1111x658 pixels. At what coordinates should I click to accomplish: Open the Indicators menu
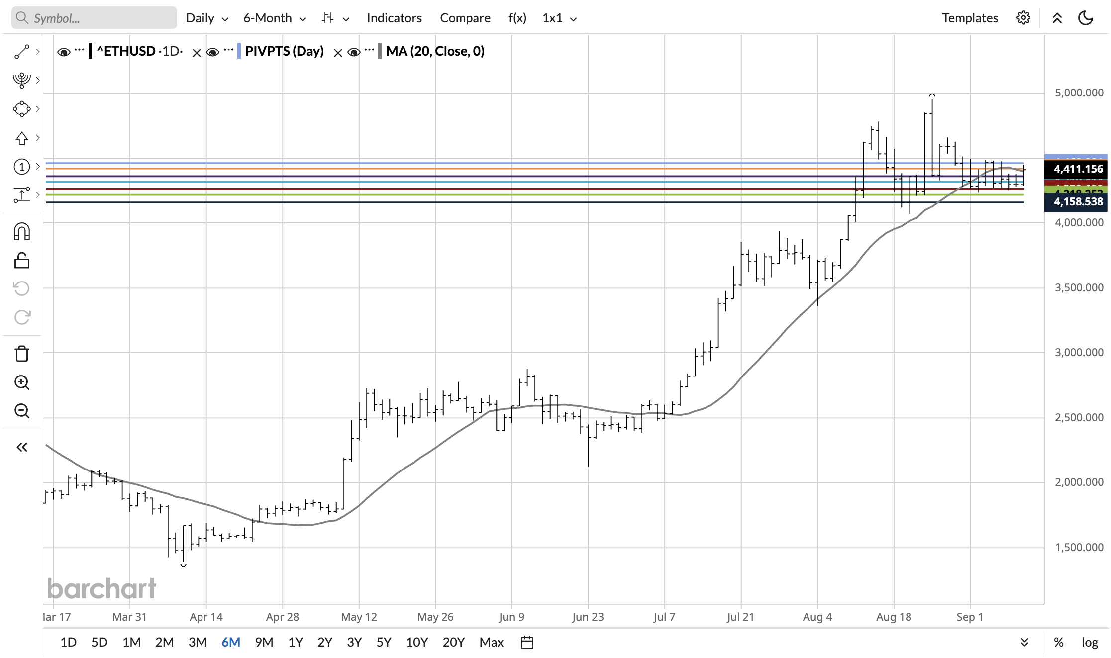coord(394,18)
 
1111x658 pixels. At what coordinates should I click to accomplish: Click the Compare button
coord(465,18)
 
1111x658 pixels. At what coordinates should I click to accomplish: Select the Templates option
coord(970,18)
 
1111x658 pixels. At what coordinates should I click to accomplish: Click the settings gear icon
coord(1023,18)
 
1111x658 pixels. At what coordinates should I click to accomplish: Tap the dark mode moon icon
coord(1085,18)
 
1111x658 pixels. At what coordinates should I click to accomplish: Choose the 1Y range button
coord(296,642)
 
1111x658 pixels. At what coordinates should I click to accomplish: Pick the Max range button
coord(491,642)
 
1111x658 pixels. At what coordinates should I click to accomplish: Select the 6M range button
coord(230,642)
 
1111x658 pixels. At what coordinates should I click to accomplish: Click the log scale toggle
coord(1089,642)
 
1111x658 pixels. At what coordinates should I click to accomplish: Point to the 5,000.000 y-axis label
coord(1079,93)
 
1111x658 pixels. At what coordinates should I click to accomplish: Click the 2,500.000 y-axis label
coord(1079,417)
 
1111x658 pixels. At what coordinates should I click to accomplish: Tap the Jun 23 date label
coord(588,617)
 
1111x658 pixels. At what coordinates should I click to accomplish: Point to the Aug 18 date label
coord(894,617)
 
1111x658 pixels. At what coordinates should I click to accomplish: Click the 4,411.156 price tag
coord(1078,169)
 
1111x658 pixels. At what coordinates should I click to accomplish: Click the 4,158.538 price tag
coord(1078,202)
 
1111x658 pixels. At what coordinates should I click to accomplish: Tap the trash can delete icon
coord(22,354)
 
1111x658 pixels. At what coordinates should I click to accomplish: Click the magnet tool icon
coord(22,232)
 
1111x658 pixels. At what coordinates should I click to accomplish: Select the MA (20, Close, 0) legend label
coord(435,51)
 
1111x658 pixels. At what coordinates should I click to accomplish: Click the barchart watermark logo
coord(101,589)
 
